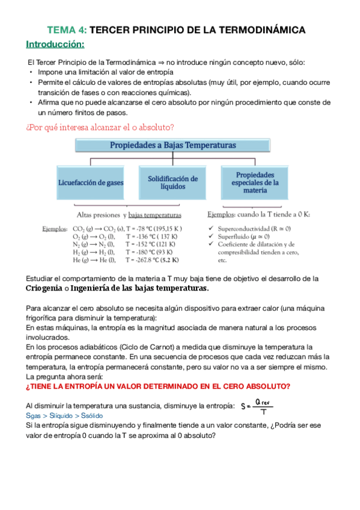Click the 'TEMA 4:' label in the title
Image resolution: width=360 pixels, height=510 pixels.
67,29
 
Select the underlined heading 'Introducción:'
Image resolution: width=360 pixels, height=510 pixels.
55,45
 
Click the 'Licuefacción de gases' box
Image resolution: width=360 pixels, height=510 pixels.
93,183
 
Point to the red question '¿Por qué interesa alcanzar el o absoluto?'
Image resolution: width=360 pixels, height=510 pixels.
100,127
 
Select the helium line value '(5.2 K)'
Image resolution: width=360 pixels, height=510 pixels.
170,261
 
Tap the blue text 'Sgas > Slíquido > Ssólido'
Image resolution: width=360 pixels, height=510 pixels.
64,416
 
